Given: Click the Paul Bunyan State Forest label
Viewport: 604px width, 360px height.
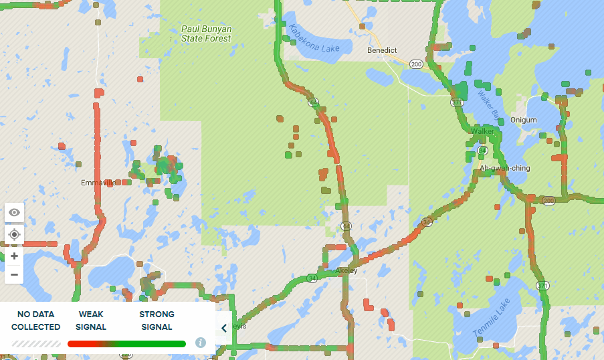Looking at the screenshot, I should pyautogui.click(x=206, y=34).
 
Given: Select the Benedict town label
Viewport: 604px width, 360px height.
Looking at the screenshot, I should pyautogui.click(x=382, y=50).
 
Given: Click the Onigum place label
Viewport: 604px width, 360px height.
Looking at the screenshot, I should pyautogui.click(x=523, y=120).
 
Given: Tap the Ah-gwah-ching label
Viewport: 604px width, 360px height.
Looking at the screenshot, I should pyautogui.click(x=504, y=168).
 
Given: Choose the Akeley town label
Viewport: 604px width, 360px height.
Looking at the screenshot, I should pyautogui.click(x=346, y=271).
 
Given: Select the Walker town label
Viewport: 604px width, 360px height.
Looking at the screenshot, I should pyautogui.click(x=482, y=132).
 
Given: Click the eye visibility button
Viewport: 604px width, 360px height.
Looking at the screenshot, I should pyautogui.click(x=14, y=213).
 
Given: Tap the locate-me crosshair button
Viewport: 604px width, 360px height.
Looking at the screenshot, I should pyautogui.click(x=14, y=235).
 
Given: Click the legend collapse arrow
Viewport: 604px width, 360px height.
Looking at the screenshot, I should pyautogui.click(x=224, y=328).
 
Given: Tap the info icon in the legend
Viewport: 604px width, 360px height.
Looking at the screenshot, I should pyautogui.click(x=200, y=343).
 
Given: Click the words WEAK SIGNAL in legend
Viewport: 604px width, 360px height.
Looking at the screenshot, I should pyautogui.click(x=91, y=321).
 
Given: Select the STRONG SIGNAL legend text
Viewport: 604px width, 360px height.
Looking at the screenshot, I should pyautogui.click(x=157, y=321).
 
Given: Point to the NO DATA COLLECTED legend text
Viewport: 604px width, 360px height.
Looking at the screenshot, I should pyautogui.click(x=36, y=321).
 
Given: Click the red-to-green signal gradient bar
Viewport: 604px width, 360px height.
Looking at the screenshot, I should pyautogui.click(x=126, y=344).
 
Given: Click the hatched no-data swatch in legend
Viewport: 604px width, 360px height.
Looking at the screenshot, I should pyautogui.click(x=36, y=344).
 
